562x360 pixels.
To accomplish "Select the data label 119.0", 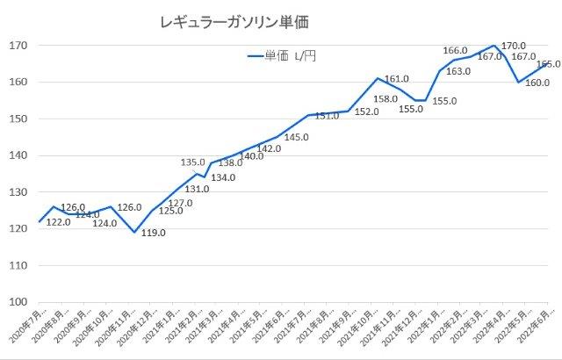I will tap(152, 233).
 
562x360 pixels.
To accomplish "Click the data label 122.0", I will tap(57, 222).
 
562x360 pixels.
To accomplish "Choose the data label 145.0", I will tap(297, 137).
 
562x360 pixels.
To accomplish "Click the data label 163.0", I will tap(459, 71).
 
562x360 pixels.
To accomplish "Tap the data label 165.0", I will tap(548, 64).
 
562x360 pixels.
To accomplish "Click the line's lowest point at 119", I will tap(133, 232).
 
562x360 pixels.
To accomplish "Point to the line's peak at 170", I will tap(495, 46).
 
